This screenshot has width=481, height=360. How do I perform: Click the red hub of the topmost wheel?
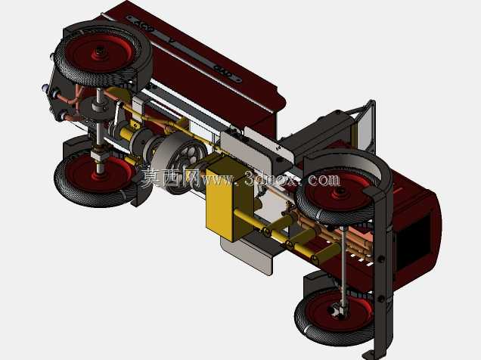coord(99,52)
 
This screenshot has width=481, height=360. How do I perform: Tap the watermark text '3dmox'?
coord(271,178)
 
